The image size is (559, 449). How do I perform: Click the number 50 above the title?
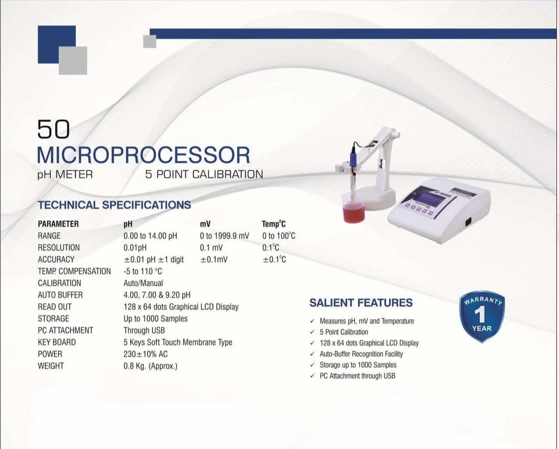[x=54, y=130]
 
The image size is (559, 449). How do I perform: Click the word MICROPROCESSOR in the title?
[x=143, y=155]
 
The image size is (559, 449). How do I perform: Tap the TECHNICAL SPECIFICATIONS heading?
[x=114, y=205]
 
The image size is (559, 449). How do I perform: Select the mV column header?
[x=205, y=224]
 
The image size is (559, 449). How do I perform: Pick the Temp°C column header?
[x=274, y=224]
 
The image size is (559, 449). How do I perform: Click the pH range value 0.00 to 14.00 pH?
[x=150, y=236]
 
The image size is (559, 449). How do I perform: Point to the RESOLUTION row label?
[x=59, y=248]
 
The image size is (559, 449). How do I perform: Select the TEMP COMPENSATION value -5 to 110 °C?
[x=143, y=271]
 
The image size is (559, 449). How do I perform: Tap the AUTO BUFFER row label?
[x=60, y=295]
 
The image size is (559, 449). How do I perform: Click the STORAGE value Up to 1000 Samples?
[x=155, y=319]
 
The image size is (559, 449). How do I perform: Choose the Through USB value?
[x=144, y=330]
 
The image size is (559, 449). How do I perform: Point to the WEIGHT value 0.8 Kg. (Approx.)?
[x=150, y=366]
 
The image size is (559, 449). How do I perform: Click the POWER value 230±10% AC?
[x=145, y=354]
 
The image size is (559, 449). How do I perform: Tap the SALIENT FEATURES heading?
[x=361, y=303]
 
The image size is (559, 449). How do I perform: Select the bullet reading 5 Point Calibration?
[x=344, y=332]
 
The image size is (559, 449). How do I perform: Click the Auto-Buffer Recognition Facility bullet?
[x=361, y=354]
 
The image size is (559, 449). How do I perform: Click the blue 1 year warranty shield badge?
[x=481, y=315]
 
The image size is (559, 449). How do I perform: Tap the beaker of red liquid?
[x=354, y=212]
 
